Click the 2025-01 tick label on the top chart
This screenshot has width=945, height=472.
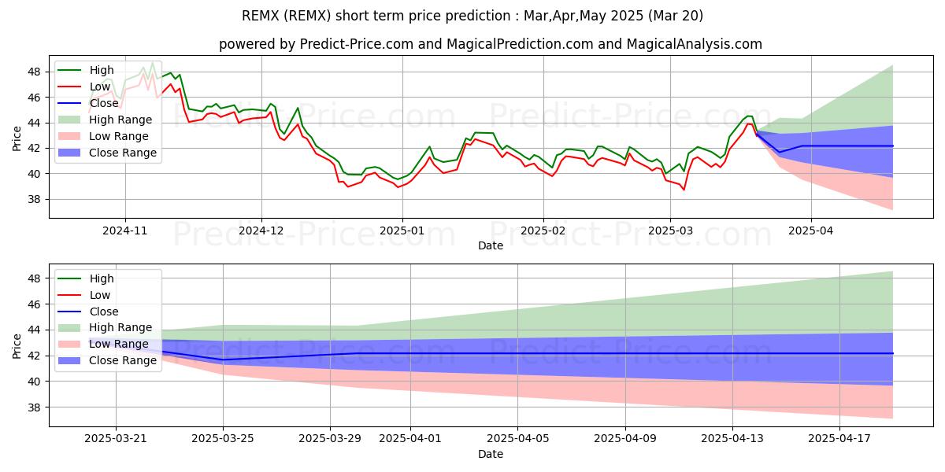pos(402,230)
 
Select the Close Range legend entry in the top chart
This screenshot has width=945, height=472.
pos(123,153)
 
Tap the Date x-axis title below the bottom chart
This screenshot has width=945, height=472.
pos(490,454)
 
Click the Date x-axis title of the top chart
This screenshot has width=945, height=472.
pos(490,245)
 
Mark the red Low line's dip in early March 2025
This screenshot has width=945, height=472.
pos(684,190)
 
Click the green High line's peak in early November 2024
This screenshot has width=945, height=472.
pos(152,63)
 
